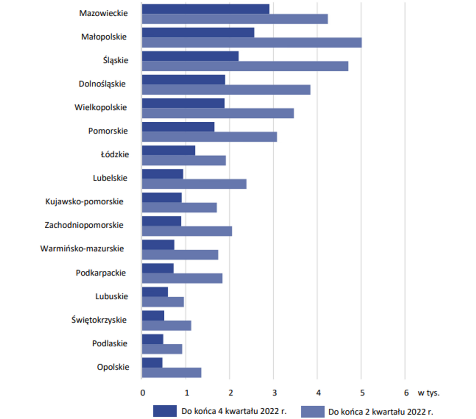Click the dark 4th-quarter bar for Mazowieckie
[x=205, y=9]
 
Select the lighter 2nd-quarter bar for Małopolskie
[x=252, y=42]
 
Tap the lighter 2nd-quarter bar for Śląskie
[x=245, y=66]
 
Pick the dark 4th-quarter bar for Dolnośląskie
[x=183, y=80]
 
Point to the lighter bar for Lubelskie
[x=194, y=184]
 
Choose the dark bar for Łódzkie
[x=168, y=151]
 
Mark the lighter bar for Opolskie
[x=171, y=373]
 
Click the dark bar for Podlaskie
[x=152, y=339]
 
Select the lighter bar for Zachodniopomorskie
[x=187, y=231]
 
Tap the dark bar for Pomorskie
[x=178, y=127]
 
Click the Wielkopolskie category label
[x=101, y=107]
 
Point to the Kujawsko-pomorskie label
[x=84, y=201]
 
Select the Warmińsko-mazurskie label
[x=82, y=249]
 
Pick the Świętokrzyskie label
[x=99, y=320]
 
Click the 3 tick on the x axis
[x=274, y=393]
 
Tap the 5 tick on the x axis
[x=362, y=393]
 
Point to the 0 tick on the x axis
[x=143, y=393]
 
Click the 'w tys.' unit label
[x=428, y=393]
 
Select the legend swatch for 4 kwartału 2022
[x=165, y=411]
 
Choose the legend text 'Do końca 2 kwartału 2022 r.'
[x=380, y=412]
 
